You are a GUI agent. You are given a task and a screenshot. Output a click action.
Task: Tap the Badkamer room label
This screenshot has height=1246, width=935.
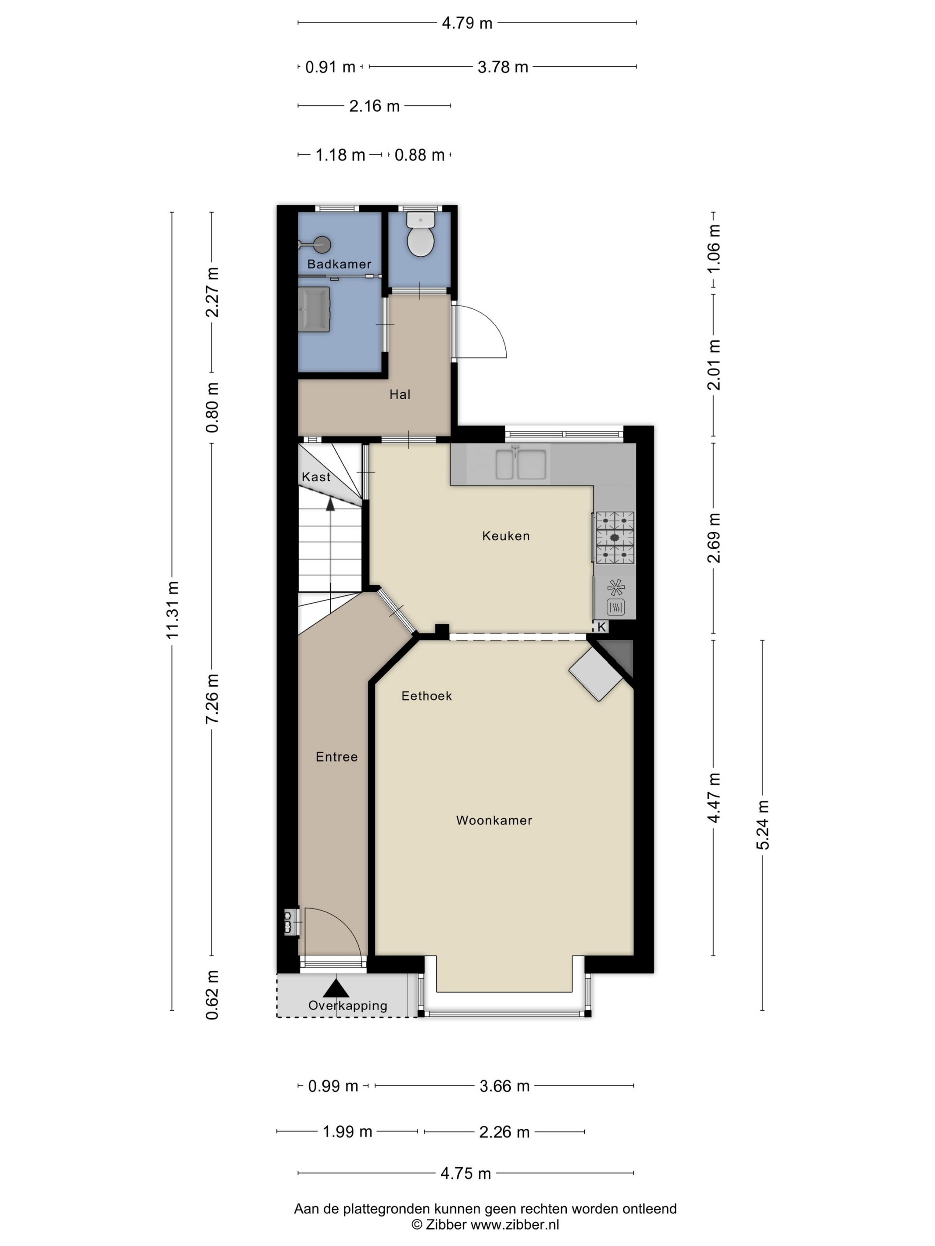(x=339, y=263)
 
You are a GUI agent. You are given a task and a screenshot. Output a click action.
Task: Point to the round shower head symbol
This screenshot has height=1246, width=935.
(x=322, y=244)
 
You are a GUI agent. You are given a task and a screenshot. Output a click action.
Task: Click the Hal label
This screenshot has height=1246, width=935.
(x=399, y=394)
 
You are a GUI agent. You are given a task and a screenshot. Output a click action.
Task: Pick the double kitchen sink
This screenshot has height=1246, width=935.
(x=520, y=464)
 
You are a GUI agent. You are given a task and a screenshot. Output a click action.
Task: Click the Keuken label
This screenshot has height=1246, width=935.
(x=505, y=536)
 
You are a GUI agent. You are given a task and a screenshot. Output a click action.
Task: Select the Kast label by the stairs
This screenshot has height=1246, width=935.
(x=316, y=477)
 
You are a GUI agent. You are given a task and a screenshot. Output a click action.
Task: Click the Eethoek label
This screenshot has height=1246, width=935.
(x=426, y=696)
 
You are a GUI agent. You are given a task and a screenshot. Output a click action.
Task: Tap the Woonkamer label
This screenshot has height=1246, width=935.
(x=494, y=820)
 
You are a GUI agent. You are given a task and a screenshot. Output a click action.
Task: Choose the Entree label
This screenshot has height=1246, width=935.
(x=337, y=756)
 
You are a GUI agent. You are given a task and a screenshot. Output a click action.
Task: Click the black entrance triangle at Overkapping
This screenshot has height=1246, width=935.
(x=336, y=987)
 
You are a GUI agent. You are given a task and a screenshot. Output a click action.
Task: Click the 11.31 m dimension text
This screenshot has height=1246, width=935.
(x=172, y=610)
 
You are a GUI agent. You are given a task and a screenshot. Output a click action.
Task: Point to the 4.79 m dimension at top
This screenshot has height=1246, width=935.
(x=467, y=23)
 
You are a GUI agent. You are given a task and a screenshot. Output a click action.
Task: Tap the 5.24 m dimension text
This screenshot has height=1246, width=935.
(x=763, y=824)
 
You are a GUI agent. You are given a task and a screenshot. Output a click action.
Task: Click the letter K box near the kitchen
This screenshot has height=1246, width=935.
(x=601, y=627)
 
